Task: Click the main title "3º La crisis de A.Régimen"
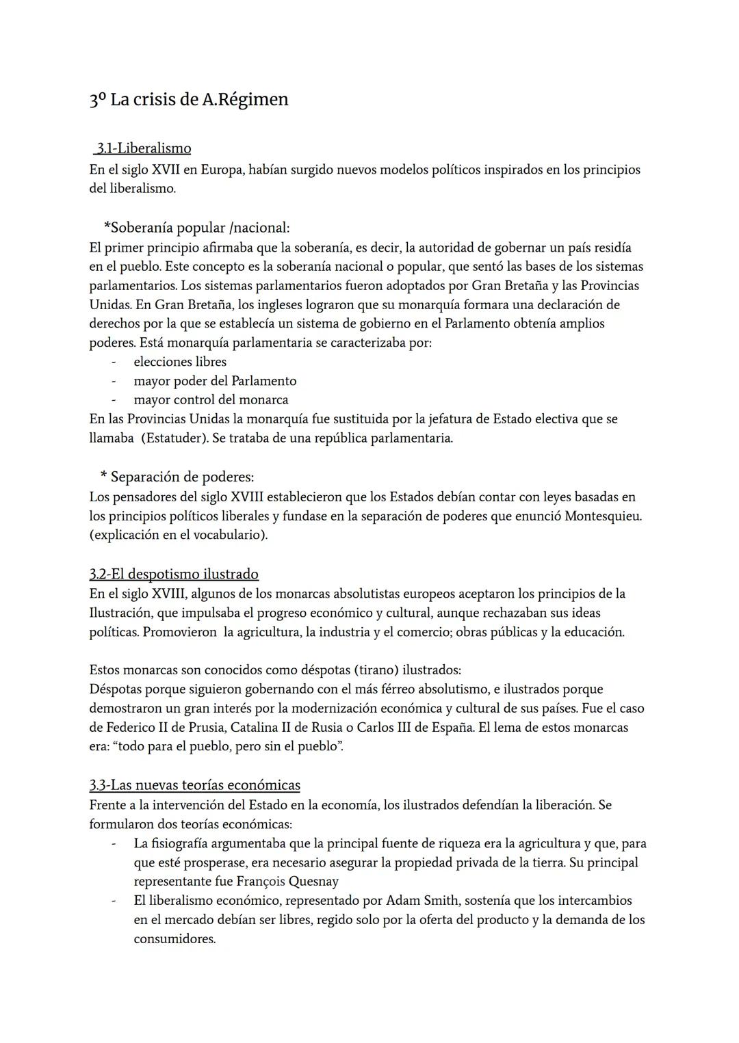click(x=189, y=100)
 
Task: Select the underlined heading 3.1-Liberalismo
click(x=143, y=148)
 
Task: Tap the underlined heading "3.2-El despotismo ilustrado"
click(x=174, y=574)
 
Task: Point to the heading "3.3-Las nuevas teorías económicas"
click(x=194, y=784)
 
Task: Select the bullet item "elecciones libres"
click(x=180, y=362)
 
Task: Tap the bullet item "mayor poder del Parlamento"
click(x=215, y=381)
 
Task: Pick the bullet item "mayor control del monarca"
click(x=211, y=399)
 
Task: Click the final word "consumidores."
click(x=174, y=939)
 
